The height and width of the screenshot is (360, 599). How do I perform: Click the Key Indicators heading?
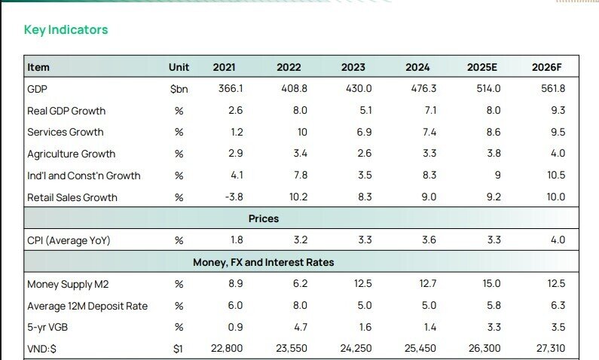pos(66,30)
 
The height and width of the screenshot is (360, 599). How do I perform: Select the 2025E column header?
pos(482,67)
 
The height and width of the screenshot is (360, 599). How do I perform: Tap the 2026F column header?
pos(548,67)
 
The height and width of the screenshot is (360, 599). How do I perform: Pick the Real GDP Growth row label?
pos(66,111)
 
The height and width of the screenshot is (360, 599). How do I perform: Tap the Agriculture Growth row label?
pos(72,154)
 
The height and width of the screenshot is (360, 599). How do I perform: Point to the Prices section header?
pos(264,218)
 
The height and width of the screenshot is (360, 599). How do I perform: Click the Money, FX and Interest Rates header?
pos(264,263)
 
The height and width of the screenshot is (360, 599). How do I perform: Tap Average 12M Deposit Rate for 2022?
pos(299,307)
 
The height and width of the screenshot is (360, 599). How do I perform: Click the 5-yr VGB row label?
pos(49,328)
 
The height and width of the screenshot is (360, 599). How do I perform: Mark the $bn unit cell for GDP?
pos(179,89)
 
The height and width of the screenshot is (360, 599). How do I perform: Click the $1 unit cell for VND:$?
pos(179,349)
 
